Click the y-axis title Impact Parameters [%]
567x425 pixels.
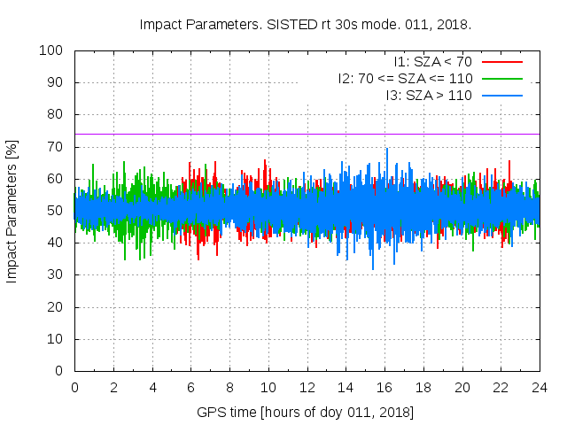point(12,211)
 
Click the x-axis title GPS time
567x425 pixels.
point(306,413)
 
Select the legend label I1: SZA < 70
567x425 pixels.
point(433,62)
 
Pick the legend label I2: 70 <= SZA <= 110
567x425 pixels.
point(405,79)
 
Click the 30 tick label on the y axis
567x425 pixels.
point(55,275)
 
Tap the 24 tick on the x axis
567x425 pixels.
point(540,387)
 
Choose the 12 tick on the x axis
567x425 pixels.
point(307,387)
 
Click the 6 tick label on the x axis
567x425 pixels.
point(190,387)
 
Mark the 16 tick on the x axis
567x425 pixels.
point(384,387)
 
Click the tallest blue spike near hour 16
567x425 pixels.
point(385,150)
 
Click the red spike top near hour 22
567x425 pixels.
point(509,161)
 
